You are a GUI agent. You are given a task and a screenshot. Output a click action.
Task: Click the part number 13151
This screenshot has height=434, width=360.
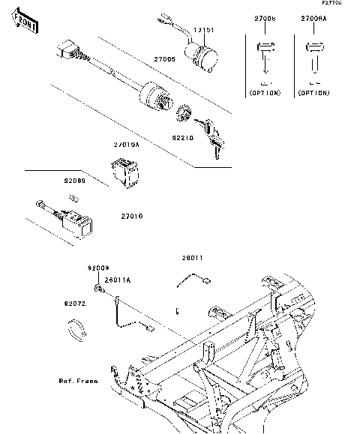(x=205, y=31)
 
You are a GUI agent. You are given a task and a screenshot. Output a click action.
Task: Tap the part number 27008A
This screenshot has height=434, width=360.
(x=315, y=17)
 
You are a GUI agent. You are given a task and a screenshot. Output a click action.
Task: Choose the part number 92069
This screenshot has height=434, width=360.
(x=75, y=181)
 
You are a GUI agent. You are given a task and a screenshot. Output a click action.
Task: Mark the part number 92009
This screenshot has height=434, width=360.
(x=97, y=268)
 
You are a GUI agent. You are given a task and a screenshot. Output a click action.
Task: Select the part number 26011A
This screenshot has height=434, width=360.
(x=118, y=280)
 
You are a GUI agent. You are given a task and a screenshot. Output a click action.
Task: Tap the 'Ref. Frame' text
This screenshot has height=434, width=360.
(x=79, y=381)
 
